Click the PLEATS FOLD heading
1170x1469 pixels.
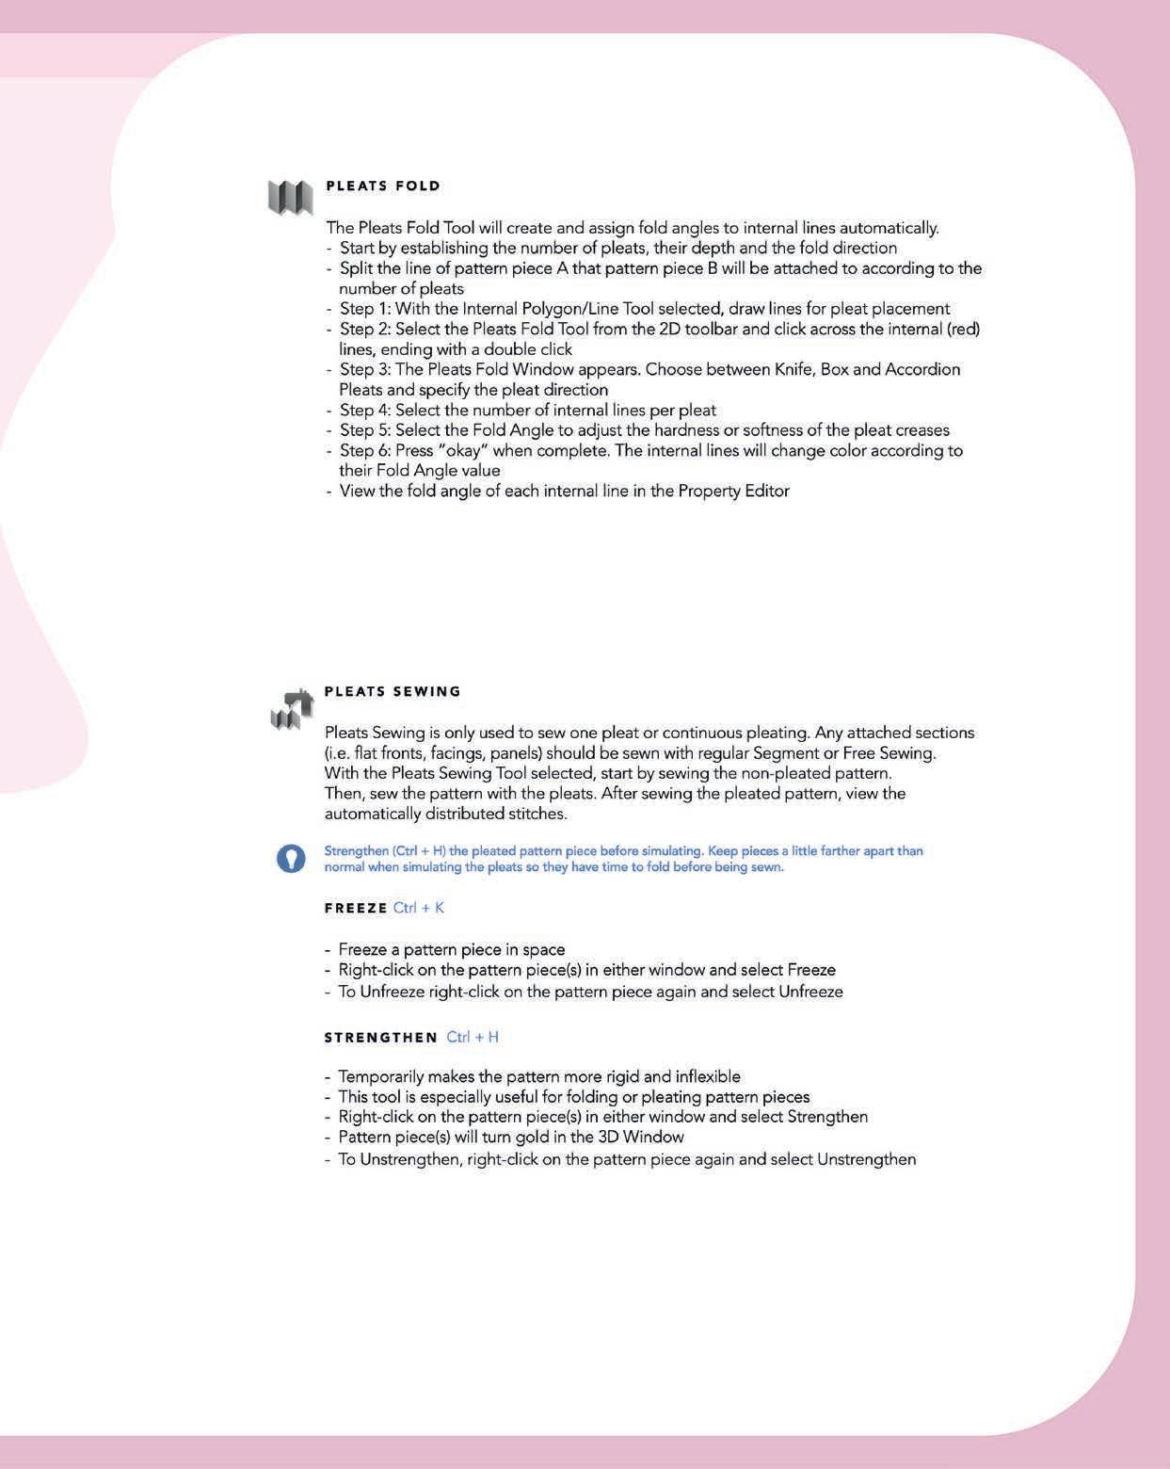(383, 186)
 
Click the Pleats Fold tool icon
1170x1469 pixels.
(290, 197)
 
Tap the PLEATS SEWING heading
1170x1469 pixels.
(393, 691)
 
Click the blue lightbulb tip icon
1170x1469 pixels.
(291, 858)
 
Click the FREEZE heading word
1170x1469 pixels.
(356, 909)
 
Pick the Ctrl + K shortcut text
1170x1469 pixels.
(419, 909)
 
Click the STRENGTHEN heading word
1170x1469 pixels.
(381, 1038)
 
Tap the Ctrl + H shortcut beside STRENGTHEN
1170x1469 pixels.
(473, 1038)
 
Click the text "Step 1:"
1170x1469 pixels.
(365, 309)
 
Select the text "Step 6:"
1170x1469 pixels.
(365, 450)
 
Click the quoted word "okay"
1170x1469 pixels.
(467, 450)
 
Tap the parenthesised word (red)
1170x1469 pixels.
(961, 329)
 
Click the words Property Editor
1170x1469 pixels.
(734, 491)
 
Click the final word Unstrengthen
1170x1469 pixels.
(866, 1159)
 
